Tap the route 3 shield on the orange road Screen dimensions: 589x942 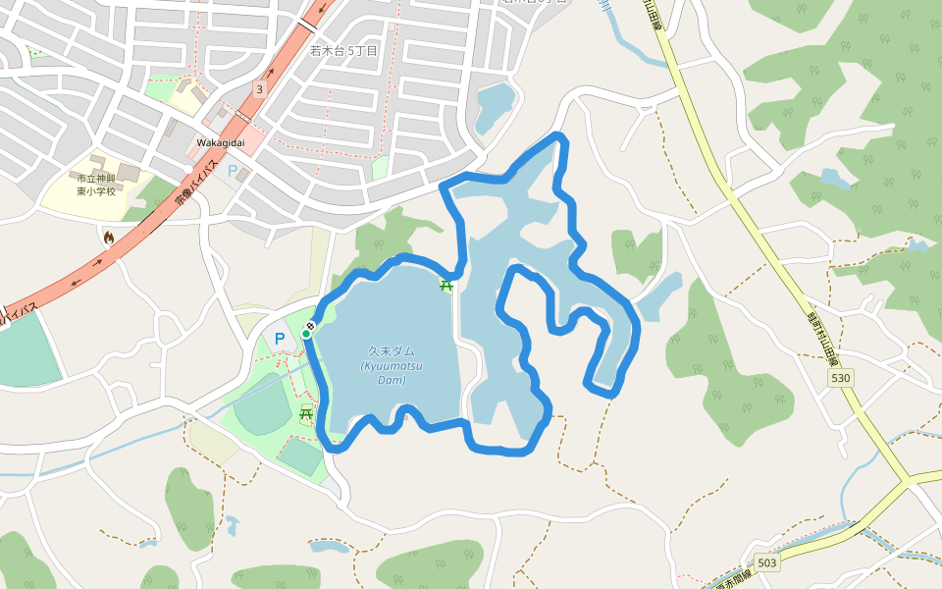tap(259, 89)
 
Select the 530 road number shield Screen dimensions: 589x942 tap(841, 377)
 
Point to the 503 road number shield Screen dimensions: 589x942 tap(767, 562)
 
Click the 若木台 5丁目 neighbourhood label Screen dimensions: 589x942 tap(343, 50)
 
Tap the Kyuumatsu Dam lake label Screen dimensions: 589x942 tap(391, 365)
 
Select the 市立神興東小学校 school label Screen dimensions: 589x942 tap(96, 184)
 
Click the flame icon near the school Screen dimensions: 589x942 tap(108, 237)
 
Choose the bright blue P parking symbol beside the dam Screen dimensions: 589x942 tap(280, 340)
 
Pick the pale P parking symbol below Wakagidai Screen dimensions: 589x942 tap(233, 171)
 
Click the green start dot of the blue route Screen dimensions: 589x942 tap(306, 334)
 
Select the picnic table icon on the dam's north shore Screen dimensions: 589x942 tap(446, 286)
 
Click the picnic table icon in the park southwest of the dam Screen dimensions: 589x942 tap(306, 414)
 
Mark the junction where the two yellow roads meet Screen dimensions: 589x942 tap(906, 482)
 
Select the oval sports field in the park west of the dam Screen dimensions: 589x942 tap(259, 402)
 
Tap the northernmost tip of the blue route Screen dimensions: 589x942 tap(560, 134)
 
